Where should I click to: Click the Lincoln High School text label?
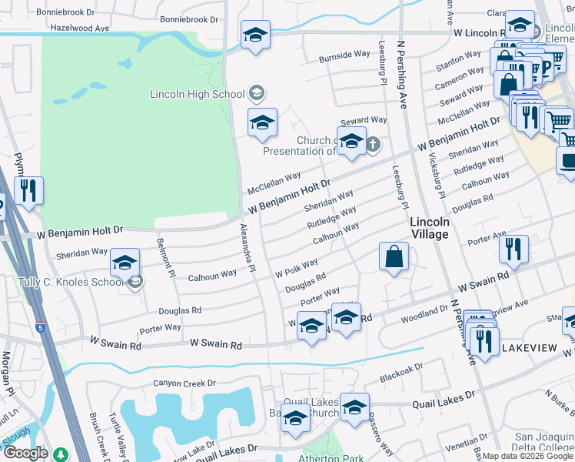pyautogui.click(x=197, y=94)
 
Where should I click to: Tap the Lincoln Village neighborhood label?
pyautogui.click(x=429, y=228)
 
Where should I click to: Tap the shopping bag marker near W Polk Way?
pyautogui.click(x=394, y=258)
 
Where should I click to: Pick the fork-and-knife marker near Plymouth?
pyautogui.click(x=28, y=191)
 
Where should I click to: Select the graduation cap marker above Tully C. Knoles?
pyautogui.click(x=125, y=263)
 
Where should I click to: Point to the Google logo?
pyautogui.click(x=25, y=453)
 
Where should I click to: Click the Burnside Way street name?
pyautogui.click(x=345, y=55)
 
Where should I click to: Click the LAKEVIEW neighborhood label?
pyautogui.click(x=529, y=348)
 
